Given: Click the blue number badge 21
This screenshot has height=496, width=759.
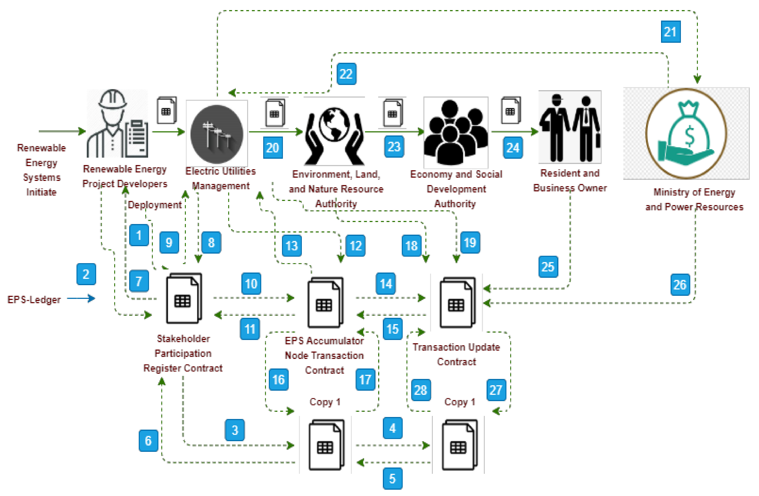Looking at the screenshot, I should tap(670, 32).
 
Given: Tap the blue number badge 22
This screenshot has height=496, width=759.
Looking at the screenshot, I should tap(346, 74).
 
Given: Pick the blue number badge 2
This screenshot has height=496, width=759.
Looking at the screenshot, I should tap(86, 274).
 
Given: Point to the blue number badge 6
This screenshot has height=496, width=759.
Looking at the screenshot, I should tap(148, 440).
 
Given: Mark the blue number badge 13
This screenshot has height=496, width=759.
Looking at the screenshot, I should tap(292, 246).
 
